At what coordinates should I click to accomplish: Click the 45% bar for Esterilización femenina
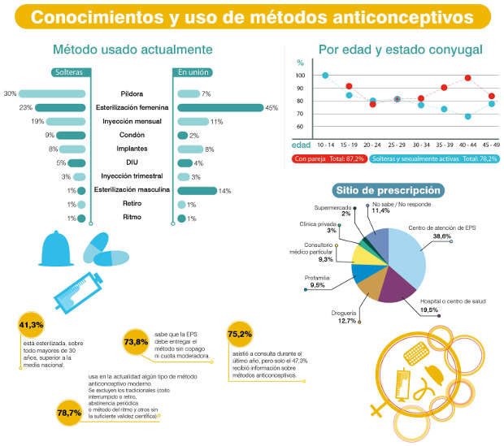click(219, 107)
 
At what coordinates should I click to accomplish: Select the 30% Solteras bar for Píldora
click(52, 93)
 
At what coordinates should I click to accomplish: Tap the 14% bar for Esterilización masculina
click(197, 191)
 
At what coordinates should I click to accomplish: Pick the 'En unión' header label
click(192, 72)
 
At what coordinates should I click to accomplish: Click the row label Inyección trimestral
click(131, 176)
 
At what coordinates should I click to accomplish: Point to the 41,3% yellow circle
click(31, 326)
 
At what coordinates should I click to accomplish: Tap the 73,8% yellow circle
click(137, 341)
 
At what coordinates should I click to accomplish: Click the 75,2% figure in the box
click(239, 334)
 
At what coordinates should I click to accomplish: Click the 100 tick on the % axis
click(300, 76)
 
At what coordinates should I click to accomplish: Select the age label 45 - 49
click(490, 145)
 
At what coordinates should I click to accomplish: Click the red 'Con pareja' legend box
click(327, 158)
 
